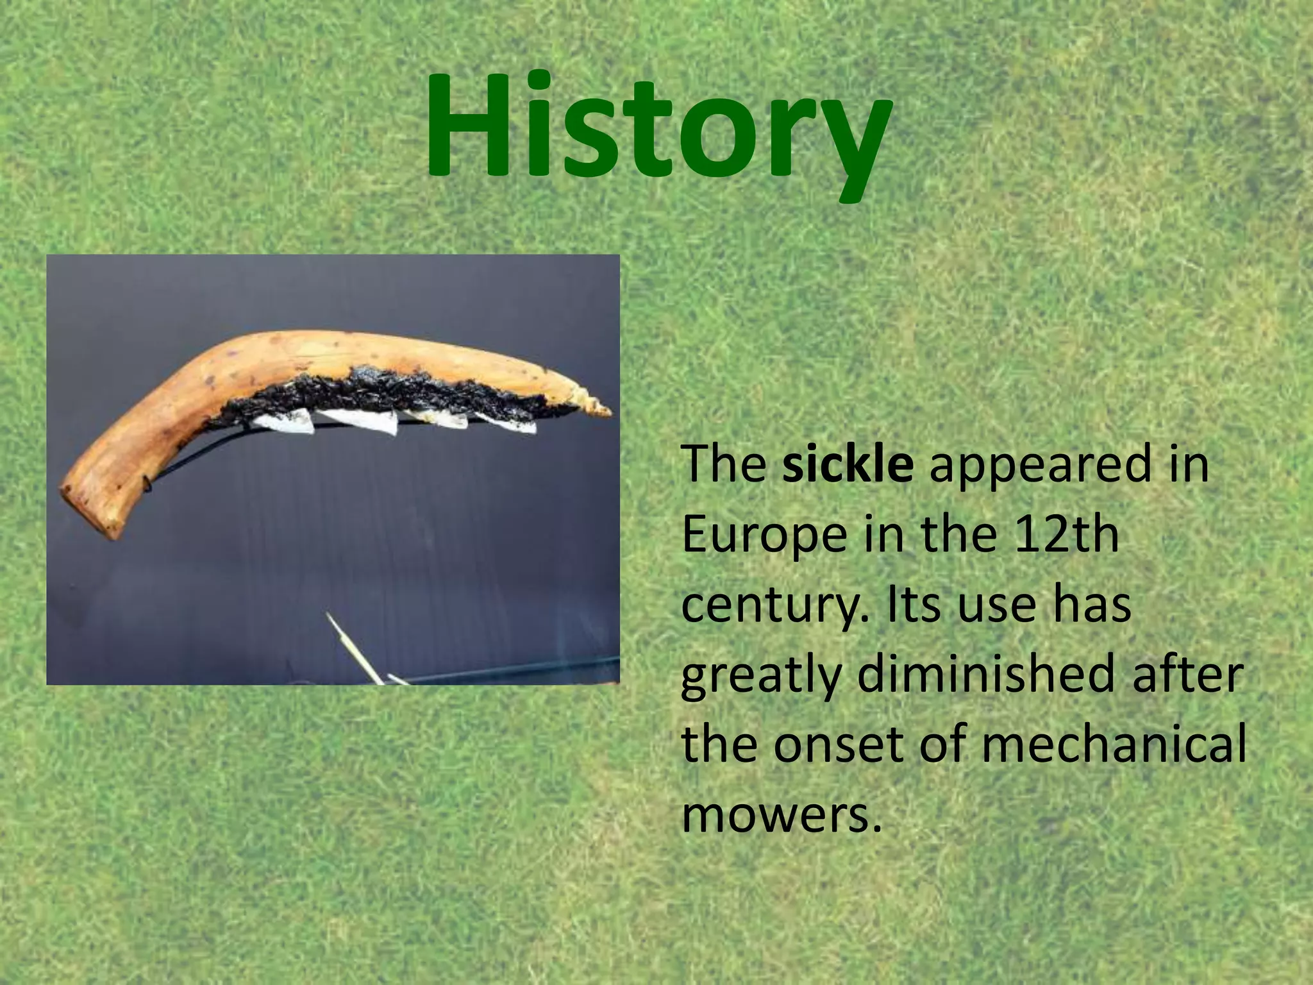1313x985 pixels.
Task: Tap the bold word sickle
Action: [848, 464]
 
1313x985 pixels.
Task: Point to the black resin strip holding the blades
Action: [385, 391]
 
